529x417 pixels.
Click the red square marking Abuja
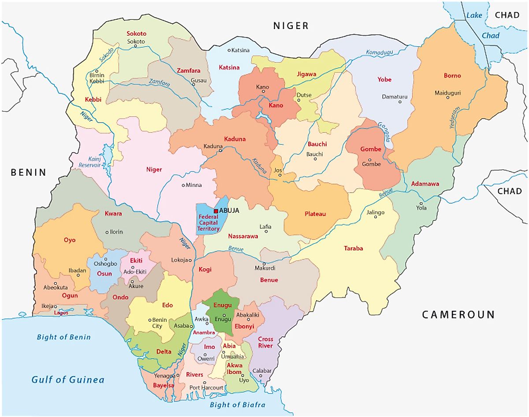(216, 211)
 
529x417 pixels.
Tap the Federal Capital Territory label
(209, 223)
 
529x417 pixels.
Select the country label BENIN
(29, 172)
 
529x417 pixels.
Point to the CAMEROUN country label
(458, 314)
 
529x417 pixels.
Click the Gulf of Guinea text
(68, 380)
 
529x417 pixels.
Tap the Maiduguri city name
(447, 93)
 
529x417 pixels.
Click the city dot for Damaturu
(400, 102)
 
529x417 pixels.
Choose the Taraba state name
(353, 249)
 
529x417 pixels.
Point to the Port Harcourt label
(206, 388)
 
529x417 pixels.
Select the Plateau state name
(315, 214)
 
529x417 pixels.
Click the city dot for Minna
(183, 185)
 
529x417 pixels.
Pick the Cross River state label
(265, 343)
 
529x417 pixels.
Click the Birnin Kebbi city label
(97, 78)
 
